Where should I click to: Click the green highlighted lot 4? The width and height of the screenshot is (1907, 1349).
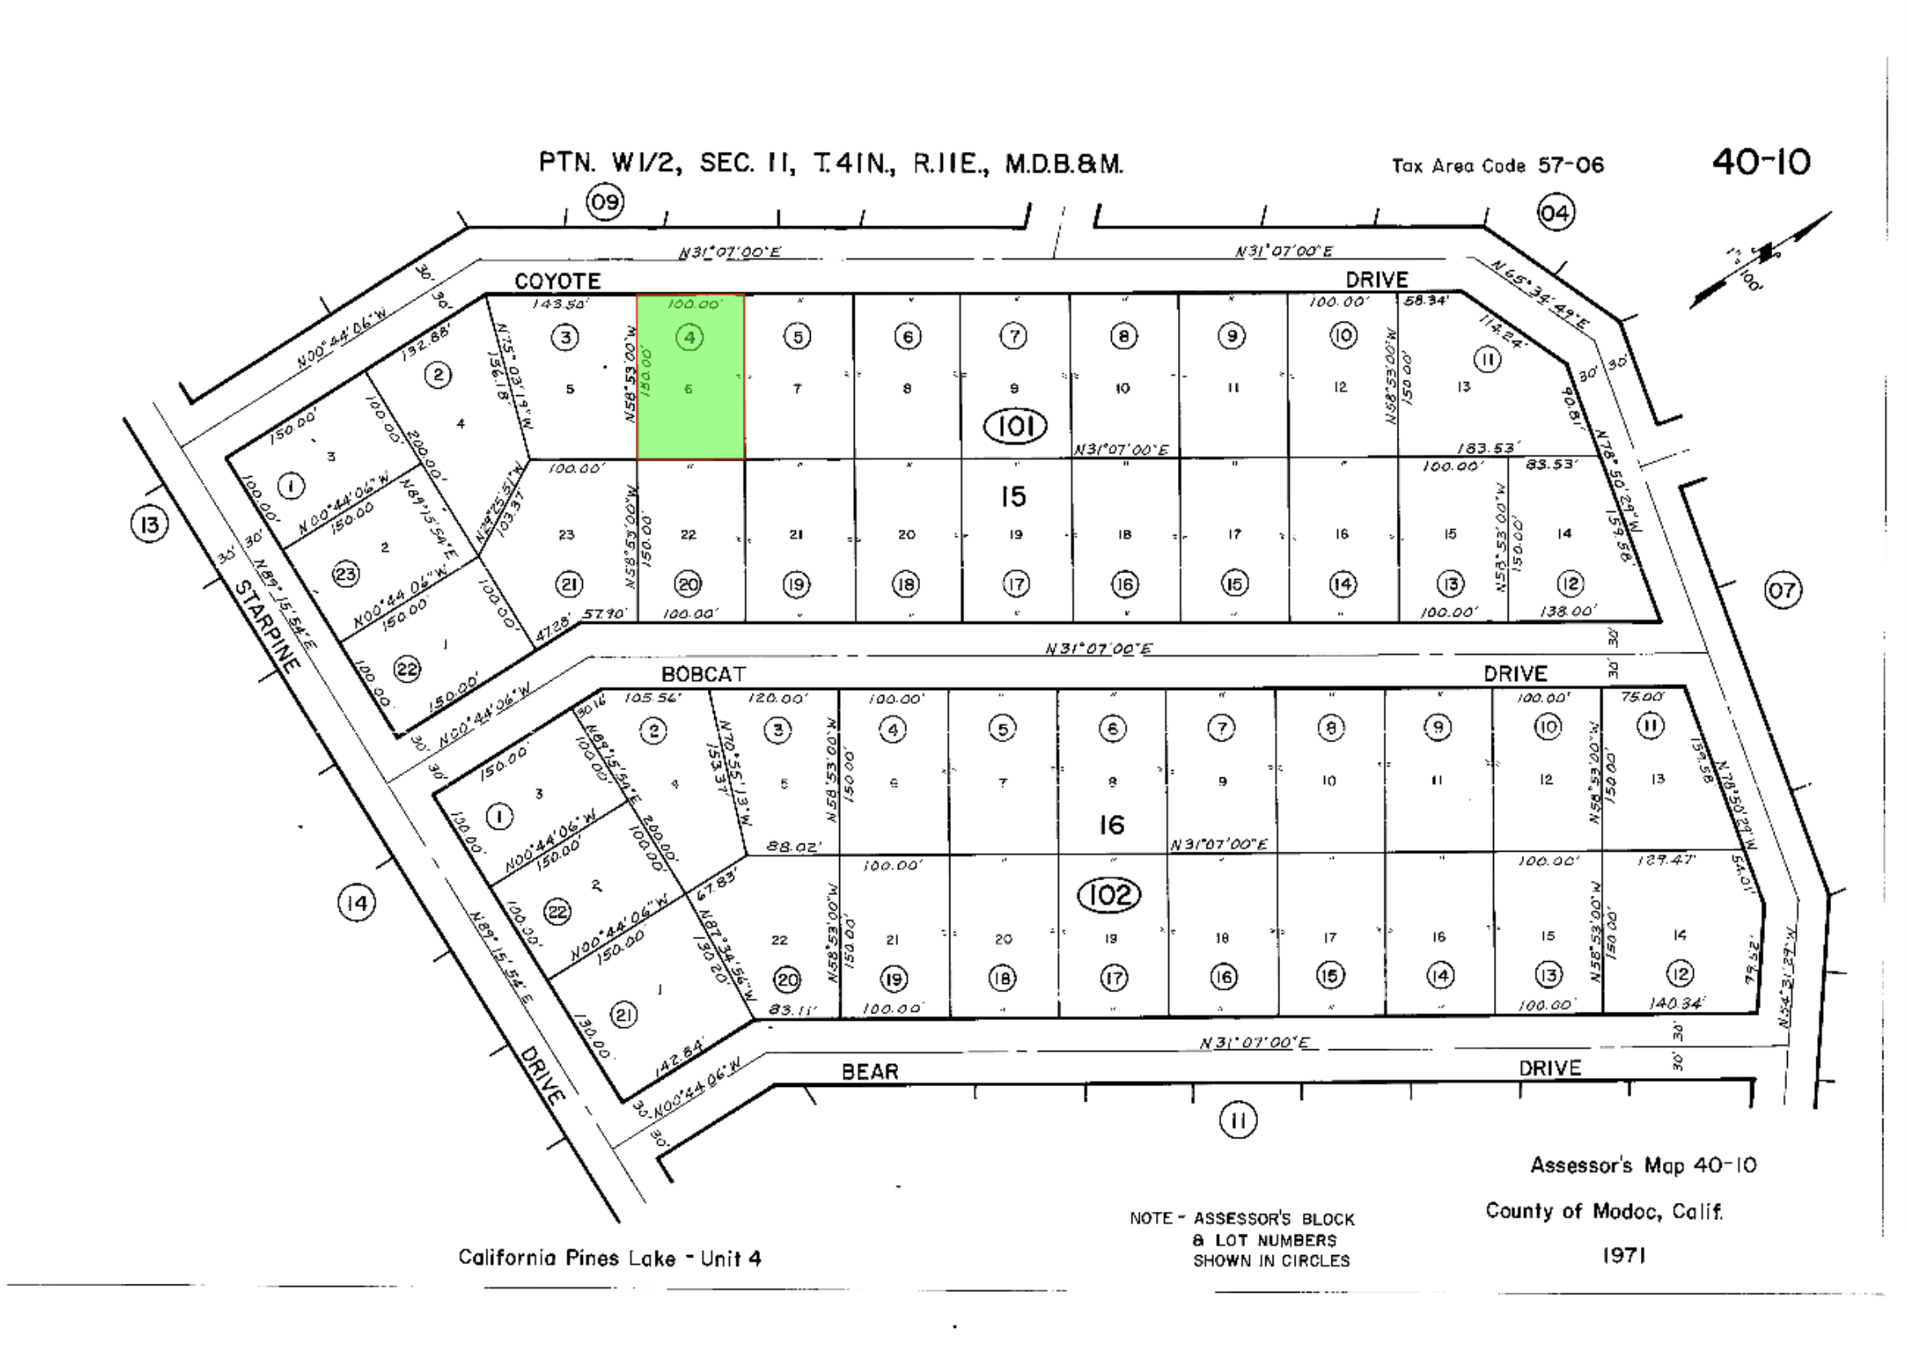pos(689,376)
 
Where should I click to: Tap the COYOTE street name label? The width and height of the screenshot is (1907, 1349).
pos(557,281)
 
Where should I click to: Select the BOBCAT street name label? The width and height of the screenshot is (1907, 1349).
pos(703,674)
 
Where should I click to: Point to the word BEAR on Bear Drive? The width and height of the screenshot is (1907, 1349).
pos(869,1071)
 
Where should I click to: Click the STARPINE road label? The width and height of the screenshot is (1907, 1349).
pos(266,626)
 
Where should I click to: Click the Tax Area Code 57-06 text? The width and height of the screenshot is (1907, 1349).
pos(1497,165)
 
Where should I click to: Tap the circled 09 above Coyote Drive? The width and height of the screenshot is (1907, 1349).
pos(605,203)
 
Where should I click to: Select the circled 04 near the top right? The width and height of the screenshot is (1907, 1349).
pos(1555,213)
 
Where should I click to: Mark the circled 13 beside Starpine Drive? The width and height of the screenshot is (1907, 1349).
pos(149,524)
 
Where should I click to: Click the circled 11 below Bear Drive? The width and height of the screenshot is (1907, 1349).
pos(1238,1120)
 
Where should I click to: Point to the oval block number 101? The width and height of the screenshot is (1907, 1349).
pos(1014,426)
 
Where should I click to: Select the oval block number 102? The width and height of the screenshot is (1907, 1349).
pos(1109,895)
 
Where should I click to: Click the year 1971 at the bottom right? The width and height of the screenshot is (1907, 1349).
pos(1624,1255)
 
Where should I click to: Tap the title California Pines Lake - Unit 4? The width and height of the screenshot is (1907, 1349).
pos(610,1258)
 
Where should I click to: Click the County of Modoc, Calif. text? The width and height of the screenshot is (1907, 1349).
pos(1604,1211)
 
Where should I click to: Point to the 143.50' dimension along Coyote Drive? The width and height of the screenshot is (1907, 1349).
pos(560,305)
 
